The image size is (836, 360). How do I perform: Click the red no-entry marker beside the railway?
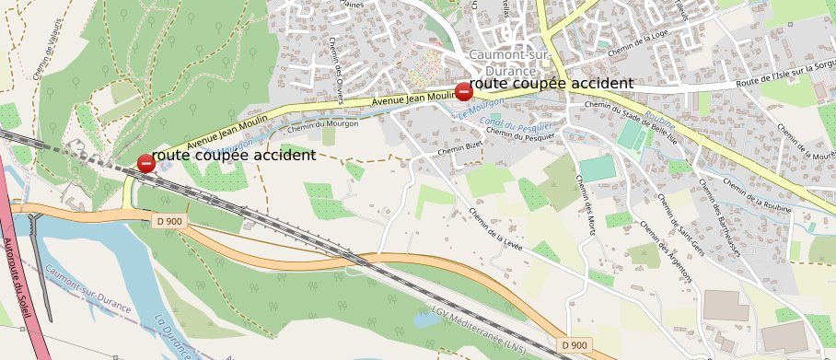pos(145,164)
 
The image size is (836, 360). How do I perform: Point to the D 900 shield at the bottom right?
pos(574,344)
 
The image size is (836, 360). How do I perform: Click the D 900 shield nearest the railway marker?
pos(170,221)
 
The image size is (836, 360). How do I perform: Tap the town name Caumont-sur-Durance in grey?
pos(502,62)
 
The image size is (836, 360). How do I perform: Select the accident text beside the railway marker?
pos(233,156)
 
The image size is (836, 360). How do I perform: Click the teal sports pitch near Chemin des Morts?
pos(597,168)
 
